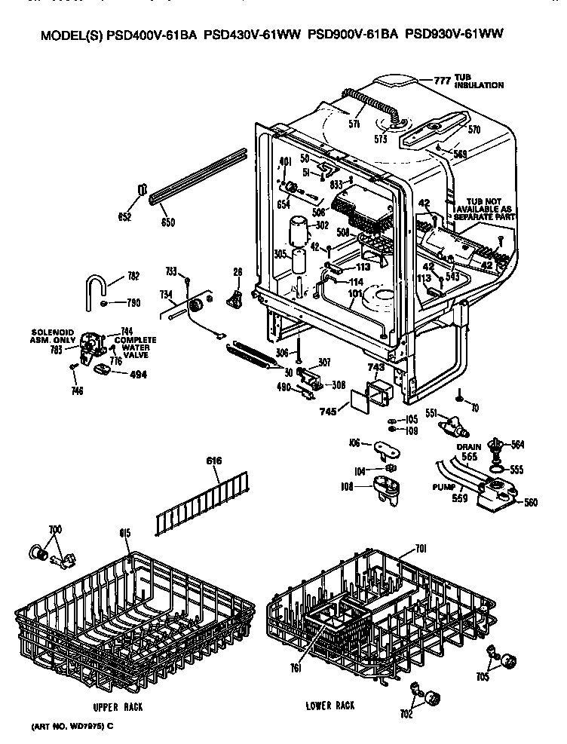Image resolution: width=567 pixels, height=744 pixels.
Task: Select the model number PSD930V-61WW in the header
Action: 454,34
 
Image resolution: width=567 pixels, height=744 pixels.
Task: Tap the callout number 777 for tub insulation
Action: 441,80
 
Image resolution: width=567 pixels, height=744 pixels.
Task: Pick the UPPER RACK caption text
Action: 118,707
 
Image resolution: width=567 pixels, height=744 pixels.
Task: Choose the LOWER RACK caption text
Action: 330,706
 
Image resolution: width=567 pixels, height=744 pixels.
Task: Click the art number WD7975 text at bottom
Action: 72,726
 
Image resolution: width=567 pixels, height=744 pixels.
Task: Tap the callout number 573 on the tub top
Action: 381,137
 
